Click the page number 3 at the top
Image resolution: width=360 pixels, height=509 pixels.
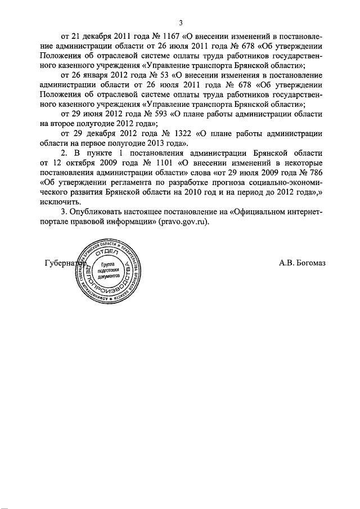[x=181, y=23]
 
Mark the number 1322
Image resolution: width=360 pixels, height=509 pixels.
[x=179, y=133]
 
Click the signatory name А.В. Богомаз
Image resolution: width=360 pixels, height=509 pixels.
[x=302, y=263]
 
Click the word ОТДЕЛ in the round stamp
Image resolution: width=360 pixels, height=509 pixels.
[x=105, y=255]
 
